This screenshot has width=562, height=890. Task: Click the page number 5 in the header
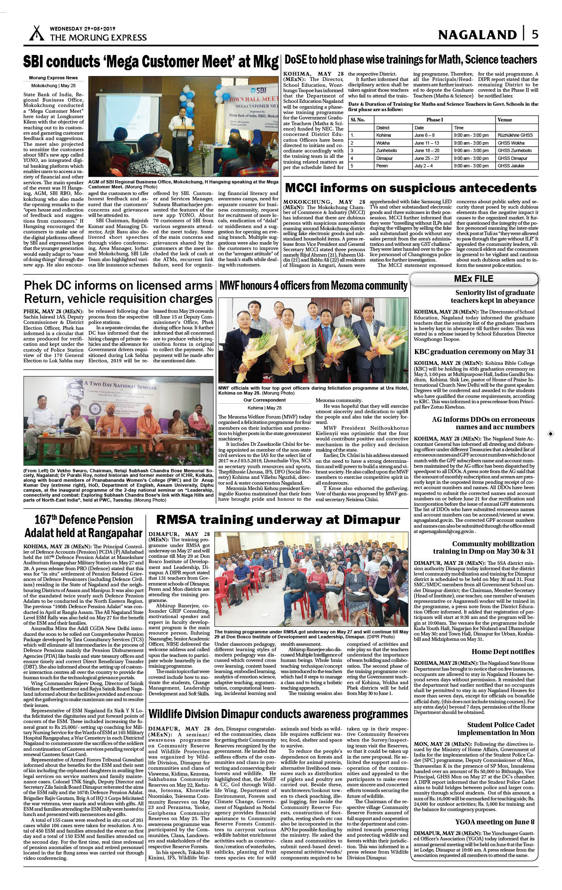[535, 34]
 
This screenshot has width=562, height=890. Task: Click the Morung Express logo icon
[36, 33]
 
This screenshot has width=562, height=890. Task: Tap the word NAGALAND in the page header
[477, 35]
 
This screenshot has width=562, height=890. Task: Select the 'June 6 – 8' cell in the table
[424, 135]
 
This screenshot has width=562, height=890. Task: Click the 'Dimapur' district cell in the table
[384, 158]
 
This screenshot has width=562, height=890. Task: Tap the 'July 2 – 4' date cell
[424, 166]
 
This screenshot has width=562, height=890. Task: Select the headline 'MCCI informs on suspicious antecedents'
[410, 188]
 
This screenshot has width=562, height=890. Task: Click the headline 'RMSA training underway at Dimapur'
[278, 519]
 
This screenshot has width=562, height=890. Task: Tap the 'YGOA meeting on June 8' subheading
[495, 821]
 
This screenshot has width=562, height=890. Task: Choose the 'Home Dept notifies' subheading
[503, 652]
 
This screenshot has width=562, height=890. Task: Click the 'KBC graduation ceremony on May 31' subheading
[474, 352]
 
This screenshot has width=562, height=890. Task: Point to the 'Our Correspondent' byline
[265, 400]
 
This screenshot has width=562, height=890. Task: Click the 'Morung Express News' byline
[53, 78]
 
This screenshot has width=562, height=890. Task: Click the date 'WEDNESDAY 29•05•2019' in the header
[83, 29]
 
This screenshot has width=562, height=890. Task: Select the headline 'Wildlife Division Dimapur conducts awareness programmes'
[278, 714]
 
